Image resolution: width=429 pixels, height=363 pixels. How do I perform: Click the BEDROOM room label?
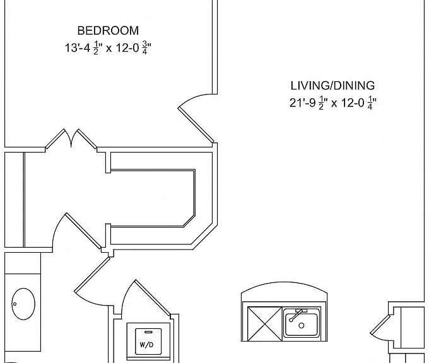coord(108,30)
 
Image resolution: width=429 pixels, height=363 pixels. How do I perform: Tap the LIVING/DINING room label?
coord(332,86)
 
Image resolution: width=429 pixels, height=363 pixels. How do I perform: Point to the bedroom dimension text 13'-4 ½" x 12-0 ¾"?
coord(108,48)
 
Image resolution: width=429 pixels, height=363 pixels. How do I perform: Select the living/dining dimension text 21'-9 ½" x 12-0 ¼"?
coord(333,103)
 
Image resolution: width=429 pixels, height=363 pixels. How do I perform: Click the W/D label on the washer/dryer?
coord(146,345)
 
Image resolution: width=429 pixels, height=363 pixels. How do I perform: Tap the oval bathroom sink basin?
coord(23,304)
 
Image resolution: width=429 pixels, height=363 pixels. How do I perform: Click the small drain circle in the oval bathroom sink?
coord(15,304)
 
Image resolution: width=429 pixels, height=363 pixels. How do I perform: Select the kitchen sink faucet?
coord(297,314)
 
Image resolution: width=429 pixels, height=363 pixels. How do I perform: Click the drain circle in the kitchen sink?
coord(302,326)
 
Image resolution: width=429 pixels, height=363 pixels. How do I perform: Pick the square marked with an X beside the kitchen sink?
coord(264,324)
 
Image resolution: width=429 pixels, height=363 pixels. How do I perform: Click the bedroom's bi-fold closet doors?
coord(71,138)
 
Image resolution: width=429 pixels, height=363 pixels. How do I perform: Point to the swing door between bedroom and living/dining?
coord(196,124)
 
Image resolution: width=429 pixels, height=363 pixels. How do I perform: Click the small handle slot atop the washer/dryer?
coord(148,332)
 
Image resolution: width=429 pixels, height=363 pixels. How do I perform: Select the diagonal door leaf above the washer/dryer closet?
coord(153,297)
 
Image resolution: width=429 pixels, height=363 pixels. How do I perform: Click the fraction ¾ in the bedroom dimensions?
coord(144,48)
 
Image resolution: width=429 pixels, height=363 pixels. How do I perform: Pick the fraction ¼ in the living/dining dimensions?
coord(370,103)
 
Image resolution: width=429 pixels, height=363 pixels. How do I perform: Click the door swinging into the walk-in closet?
coord(83,231)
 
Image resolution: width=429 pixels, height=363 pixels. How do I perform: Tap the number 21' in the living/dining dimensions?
coord(297,103)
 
